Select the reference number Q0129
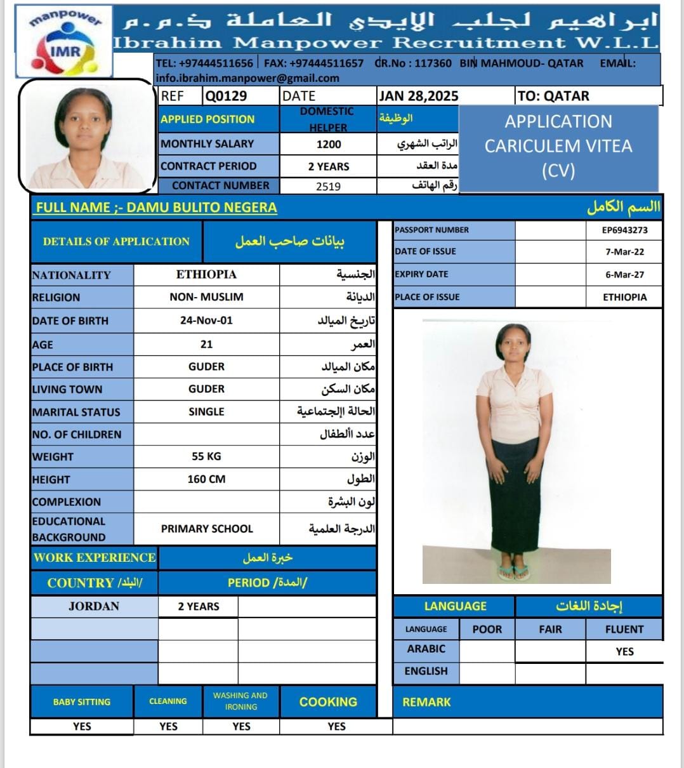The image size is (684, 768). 226,96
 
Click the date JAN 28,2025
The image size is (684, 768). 418,96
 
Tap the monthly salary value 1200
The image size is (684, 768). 329,144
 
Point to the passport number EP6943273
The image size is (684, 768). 624,230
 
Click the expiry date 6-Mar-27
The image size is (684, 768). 624,274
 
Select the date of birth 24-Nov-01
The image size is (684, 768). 206,321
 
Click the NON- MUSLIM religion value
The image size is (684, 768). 206,297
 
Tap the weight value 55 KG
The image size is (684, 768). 206,456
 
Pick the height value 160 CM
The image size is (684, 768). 206,479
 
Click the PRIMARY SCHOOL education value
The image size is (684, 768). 207,529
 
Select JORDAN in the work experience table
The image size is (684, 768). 94,606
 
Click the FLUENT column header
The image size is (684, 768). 624,629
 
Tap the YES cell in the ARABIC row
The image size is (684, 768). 624,651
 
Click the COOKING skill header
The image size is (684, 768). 328,702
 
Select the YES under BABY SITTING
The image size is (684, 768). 82,726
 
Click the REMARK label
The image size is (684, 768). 426,702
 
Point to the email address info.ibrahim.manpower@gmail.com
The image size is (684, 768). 247,78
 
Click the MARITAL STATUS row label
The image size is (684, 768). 76,412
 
